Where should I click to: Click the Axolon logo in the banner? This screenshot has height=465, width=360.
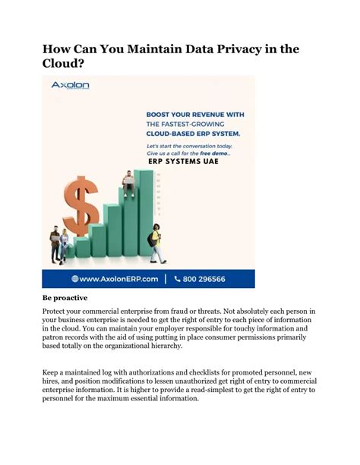[x=70, y=87]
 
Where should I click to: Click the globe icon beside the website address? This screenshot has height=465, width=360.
[x=75, y=279]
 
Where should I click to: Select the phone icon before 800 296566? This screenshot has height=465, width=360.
[x=177, y=279]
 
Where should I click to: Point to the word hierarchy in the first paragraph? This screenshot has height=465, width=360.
[x=162, y=346]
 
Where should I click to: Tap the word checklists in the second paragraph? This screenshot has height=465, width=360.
[x=202, y=372]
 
